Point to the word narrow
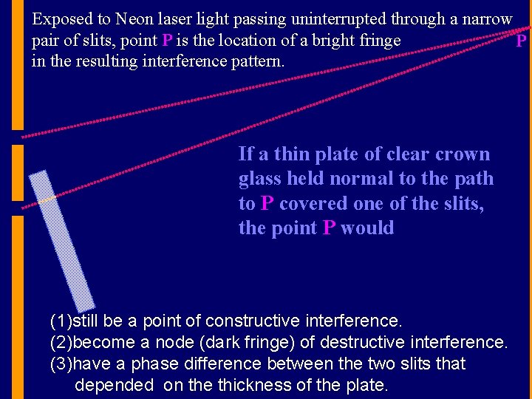point(485,19)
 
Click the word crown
point(463,154)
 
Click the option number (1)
point(61,321)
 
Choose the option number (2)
point(61,343)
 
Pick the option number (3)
point(61,364)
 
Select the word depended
point(114,385)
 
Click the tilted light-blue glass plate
point(63,240)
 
